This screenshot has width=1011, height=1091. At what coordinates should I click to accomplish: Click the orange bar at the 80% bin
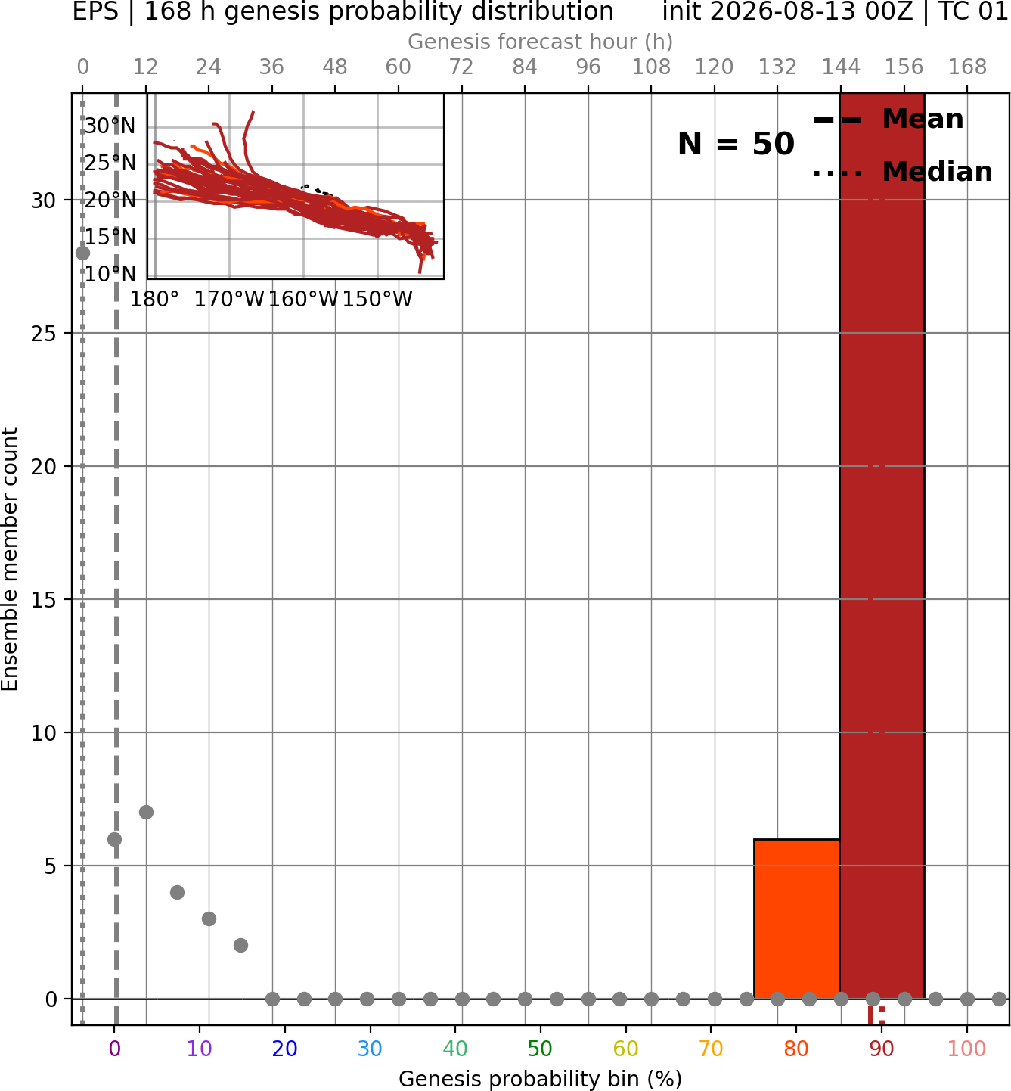pos(796,918)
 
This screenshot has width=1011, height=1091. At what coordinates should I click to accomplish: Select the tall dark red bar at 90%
pos(882,545)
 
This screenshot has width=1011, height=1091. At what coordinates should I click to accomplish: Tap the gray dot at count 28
pos(82,253)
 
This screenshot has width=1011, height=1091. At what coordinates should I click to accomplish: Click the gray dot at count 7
pos(146,812)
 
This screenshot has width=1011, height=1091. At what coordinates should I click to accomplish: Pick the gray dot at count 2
pos(240,946)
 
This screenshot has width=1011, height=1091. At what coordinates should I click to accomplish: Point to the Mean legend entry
pos(888,120)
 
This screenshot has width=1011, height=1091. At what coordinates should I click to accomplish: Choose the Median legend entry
pos(902,172)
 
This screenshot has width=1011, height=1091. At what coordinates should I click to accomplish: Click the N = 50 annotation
pos(736,144)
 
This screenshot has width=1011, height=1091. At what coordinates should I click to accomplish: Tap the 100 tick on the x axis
pos(966,1049)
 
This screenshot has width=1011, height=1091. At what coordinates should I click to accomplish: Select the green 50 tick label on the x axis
pos(540,1049)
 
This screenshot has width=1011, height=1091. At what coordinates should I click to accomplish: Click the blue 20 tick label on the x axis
pos(284,1049)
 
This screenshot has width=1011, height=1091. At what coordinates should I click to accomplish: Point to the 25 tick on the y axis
pos(43,334)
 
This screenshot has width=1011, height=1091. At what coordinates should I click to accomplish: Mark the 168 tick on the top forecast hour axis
pos(967,67)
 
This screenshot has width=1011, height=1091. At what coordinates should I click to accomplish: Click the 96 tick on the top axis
pos(588,67)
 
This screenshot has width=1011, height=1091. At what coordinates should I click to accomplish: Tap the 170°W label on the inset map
pos(229,300)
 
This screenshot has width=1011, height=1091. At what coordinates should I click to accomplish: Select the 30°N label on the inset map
pos(110,126)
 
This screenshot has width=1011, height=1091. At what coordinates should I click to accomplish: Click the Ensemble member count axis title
pos(10,558)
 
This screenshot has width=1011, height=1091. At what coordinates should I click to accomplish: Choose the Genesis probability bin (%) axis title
pos(540,1079)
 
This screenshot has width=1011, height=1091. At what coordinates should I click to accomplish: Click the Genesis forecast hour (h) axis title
pos(541,42)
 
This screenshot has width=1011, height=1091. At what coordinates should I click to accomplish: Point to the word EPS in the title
pos(95,11)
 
